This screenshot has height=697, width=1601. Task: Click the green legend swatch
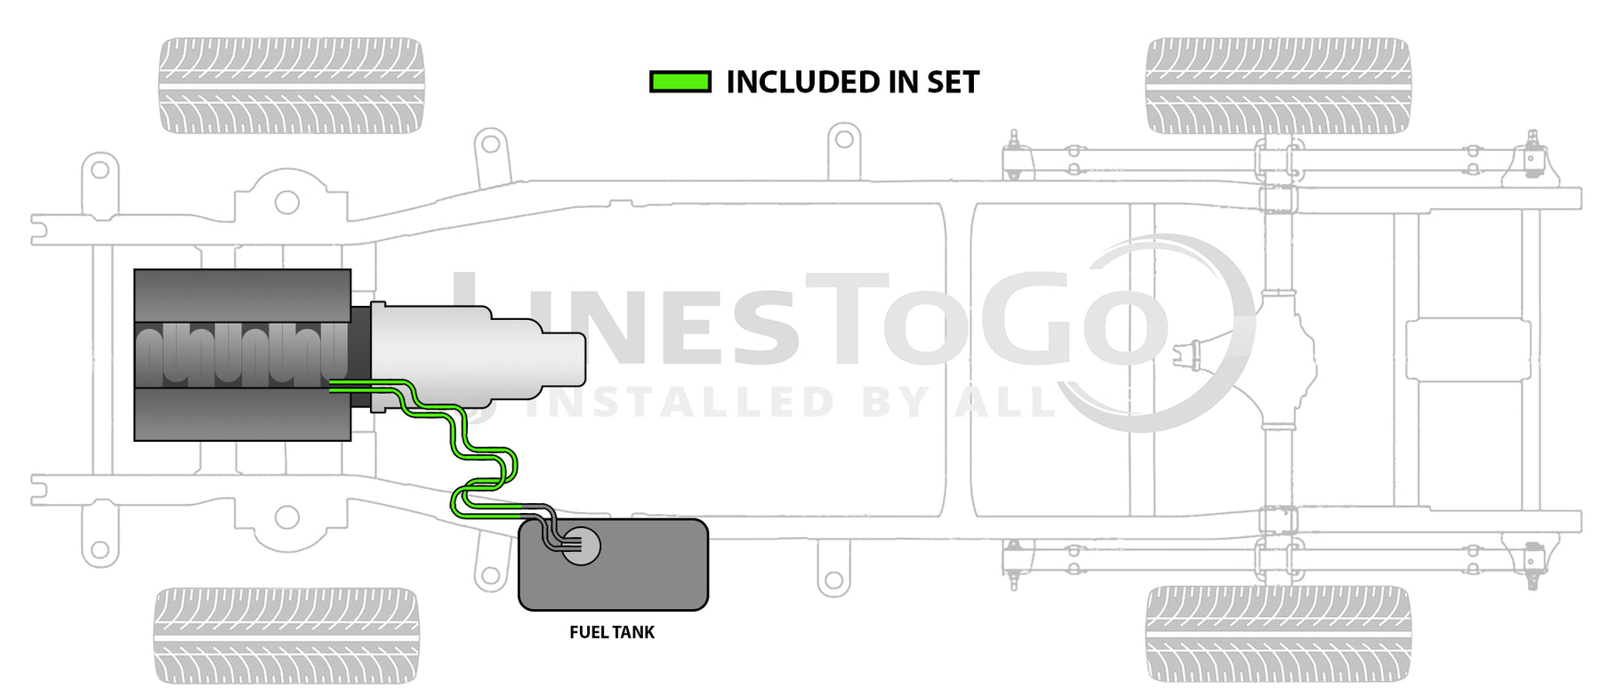[x=680, y=83]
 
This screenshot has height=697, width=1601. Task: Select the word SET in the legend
[x=953, y=83]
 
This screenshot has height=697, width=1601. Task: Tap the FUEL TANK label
[x=612, y=632]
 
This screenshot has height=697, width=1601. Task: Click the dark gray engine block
[x=243, y=355]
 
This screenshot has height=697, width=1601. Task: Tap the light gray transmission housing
[x=478, y=356]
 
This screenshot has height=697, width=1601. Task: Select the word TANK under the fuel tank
[x=634, y=632]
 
